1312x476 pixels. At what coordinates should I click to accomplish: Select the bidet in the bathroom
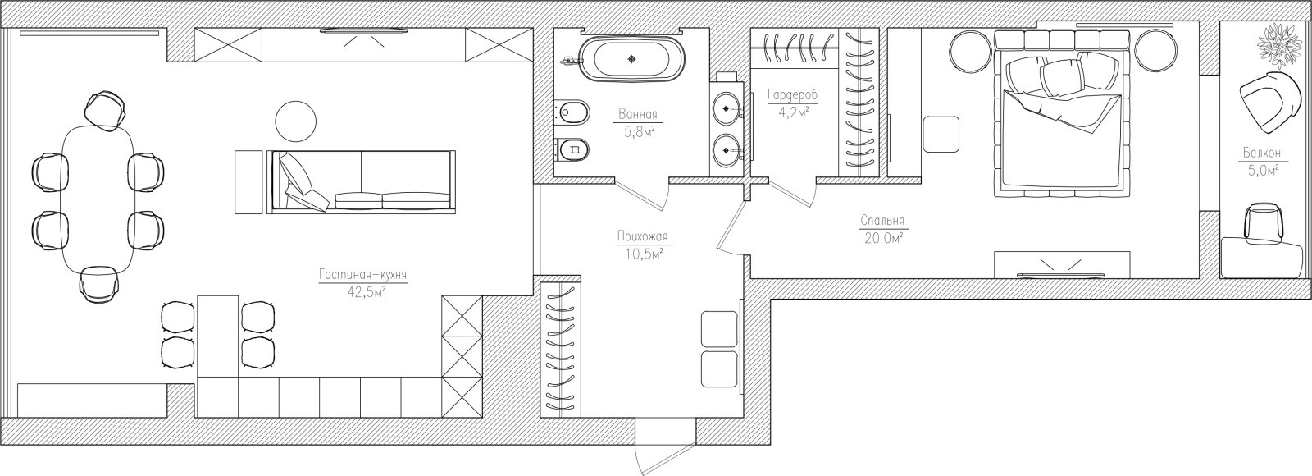572,111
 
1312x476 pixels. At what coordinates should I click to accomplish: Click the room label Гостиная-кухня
363,276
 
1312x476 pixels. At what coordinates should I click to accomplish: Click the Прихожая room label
643,237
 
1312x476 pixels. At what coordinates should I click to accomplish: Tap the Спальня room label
882,221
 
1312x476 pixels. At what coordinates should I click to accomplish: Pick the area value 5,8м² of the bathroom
639,132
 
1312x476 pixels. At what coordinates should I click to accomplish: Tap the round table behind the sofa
296,120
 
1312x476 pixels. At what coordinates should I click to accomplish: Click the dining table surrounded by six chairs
98,200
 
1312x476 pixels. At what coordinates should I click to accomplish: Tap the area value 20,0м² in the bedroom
882,237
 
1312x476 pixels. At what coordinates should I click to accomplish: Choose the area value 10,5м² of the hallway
643,254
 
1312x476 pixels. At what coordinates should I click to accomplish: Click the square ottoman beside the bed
941,135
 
